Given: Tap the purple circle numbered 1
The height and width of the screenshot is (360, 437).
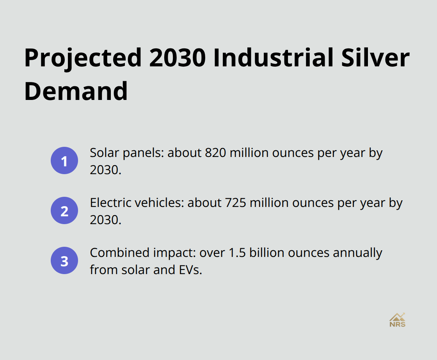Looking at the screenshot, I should pos(64,160).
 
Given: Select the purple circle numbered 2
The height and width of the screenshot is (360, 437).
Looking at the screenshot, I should pos(64,210).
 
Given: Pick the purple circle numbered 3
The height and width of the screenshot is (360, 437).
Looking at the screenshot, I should pos(64,260).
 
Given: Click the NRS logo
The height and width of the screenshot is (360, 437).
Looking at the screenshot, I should pos(397,320).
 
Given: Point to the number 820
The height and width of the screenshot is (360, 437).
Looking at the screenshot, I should pos(214,153).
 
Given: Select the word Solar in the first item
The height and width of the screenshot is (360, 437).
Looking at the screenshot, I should pos(102,153).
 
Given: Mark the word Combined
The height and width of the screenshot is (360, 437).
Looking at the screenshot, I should pos(116,253).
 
